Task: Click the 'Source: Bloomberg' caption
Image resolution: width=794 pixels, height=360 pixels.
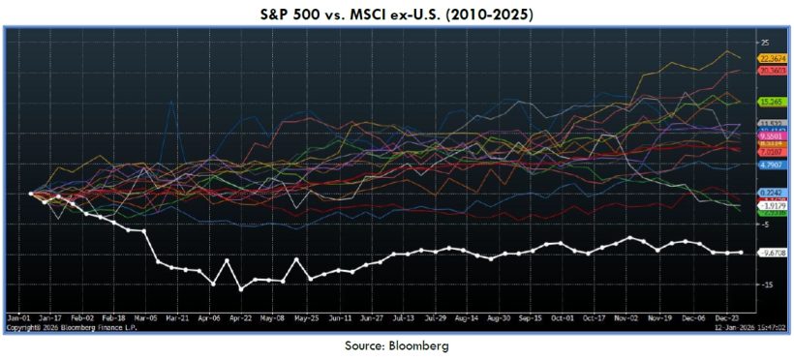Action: pos(397,345)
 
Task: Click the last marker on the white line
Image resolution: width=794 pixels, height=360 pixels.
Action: pos(742,253)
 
